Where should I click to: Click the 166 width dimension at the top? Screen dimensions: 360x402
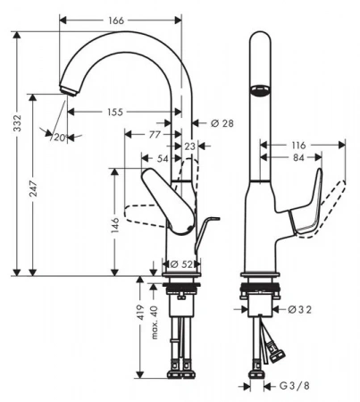tap(116, 21)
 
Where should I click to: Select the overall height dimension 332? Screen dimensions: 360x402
tap(18, 122)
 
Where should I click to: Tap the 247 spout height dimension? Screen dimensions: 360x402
tap(34, 188)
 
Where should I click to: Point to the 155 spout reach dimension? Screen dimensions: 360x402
tap(115, 112)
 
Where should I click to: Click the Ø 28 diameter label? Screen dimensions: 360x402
tap(222, 123)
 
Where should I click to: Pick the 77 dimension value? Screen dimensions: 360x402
tap(155, 135)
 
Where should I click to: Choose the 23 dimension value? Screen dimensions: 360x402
tap(190, 147)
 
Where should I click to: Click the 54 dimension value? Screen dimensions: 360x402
tap(163, 158)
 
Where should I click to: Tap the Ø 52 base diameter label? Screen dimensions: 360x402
tap(181, 264)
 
